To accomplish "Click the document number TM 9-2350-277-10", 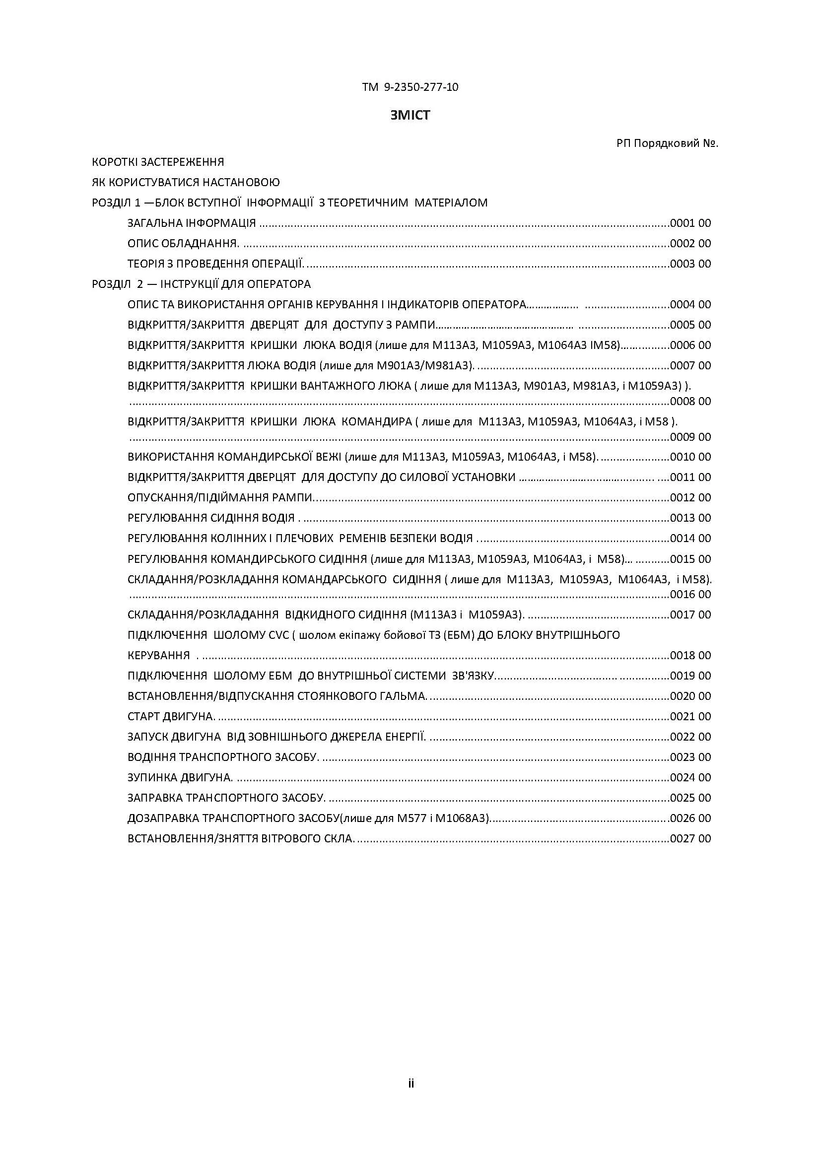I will click(x=410, y=87).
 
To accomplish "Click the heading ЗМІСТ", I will click(x=410, y=115).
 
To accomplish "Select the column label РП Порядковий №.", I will click(x=667, y=143).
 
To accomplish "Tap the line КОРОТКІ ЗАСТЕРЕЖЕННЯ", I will click(x=158, y=162).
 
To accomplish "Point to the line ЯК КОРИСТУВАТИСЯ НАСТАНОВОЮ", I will click(x=186, y=182).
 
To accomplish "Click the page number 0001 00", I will click(x=690, y=223).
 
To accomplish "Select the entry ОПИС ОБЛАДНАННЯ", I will click(x=183, y=243).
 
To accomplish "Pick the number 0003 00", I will click(x=690, y=264).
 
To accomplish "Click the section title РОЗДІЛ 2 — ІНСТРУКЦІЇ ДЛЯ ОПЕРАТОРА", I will click(x=201, y=284).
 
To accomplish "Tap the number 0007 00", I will click(x=690, y=365).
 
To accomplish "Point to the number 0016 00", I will click(x=690, y=594).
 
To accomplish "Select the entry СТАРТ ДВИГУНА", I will click(x=171, y=717).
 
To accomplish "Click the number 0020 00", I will click(x=690, y=696).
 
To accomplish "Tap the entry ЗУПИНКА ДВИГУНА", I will click(x=180, y=777).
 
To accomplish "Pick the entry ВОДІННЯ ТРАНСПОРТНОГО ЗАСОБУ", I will click(x=223, y=757).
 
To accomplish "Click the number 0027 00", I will click(x=690, y=838).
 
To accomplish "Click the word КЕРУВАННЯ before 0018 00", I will click(x=159, y=655).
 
